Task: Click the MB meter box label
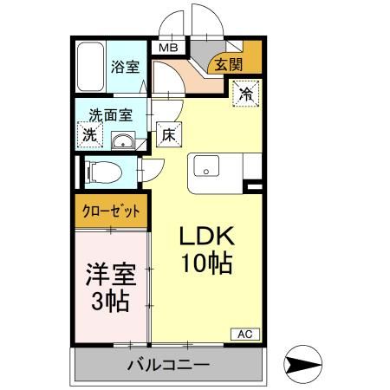pos(167,49)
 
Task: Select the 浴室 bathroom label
pos(126,66)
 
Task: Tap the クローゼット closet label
pos(112,211)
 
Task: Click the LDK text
pos(206,236)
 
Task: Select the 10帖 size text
pos(206,263)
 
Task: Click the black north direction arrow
pos(304,365)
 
